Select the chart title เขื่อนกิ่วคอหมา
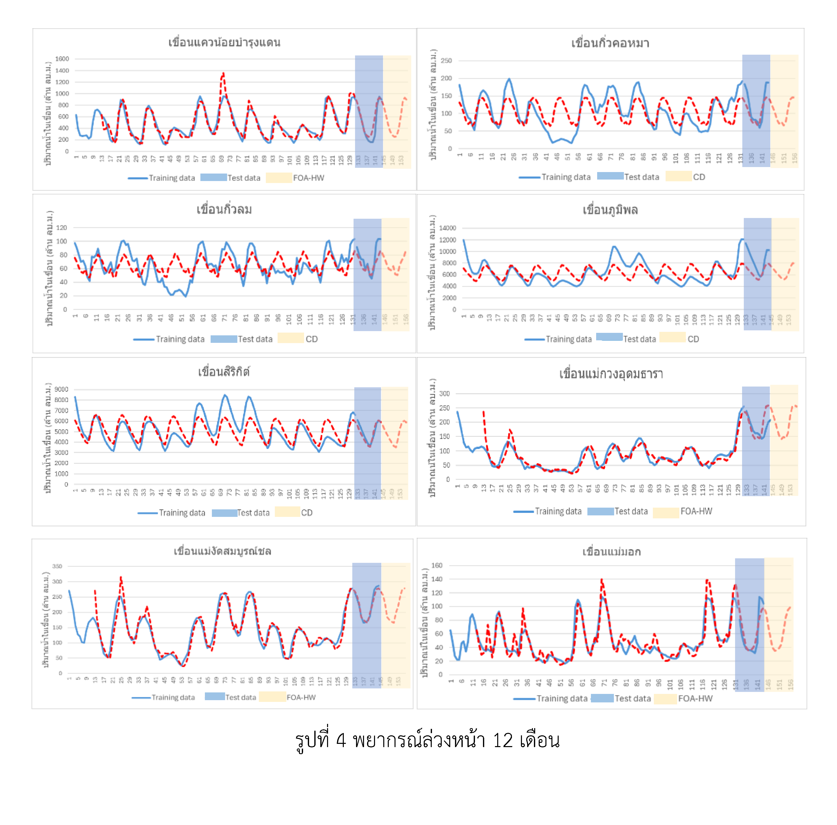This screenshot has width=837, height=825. [610, 43]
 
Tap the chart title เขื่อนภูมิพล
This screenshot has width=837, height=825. [610, 210]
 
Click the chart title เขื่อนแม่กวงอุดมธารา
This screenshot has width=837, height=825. [611, 374]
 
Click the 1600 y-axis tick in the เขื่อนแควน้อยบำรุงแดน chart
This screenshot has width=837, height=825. [62, 59]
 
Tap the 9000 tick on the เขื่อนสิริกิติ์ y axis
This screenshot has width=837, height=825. [61, 389]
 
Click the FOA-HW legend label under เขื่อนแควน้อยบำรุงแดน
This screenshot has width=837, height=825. [309, 178]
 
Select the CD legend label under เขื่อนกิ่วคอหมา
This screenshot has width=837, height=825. [699, 177]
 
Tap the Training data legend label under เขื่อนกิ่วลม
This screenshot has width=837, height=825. [180, 339]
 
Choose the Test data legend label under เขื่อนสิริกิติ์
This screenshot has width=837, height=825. [253, 513]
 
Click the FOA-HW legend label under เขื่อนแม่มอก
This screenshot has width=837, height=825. [695, 698]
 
